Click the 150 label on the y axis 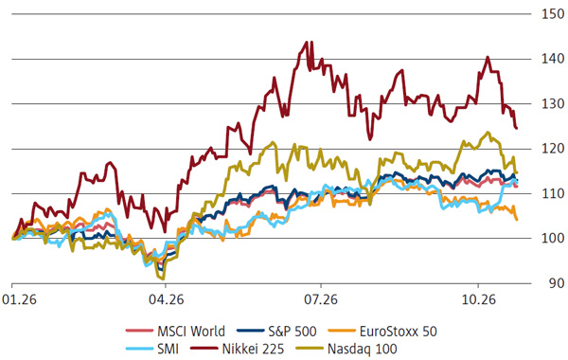553,14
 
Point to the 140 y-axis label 553,59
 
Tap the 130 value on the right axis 553,103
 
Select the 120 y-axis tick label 553,149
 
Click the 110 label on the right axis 553,193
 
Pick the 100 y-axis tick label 553,238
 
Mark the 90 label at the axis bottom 556,283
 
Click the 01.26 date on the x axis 19,300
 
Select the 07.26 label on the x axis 321,300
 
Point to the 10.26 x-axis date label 478,300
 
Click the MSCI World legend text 191,331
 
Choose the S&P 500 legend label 293,331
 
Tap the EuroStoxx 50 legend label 399,331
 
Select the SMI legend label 169,349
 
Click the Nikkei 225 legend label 253,349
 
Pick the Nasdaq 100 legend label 363,349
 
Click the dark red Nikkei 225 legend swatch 204,349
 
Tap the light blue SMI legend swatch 139,349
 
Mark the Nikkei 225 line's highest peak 307,42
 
